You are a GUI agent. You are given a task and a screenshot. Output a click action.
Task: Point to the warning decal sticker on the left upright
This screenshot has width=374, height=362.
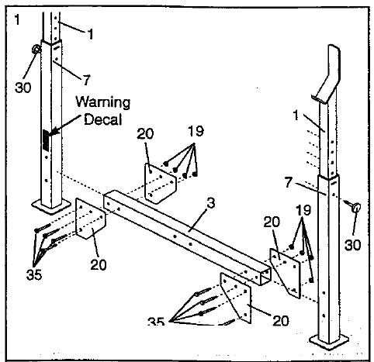click(x=45, y=140)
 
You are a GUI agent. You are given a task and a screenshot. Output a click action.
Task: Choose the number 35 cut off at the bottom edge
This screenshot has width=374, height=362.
click(x=158, y=321)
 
